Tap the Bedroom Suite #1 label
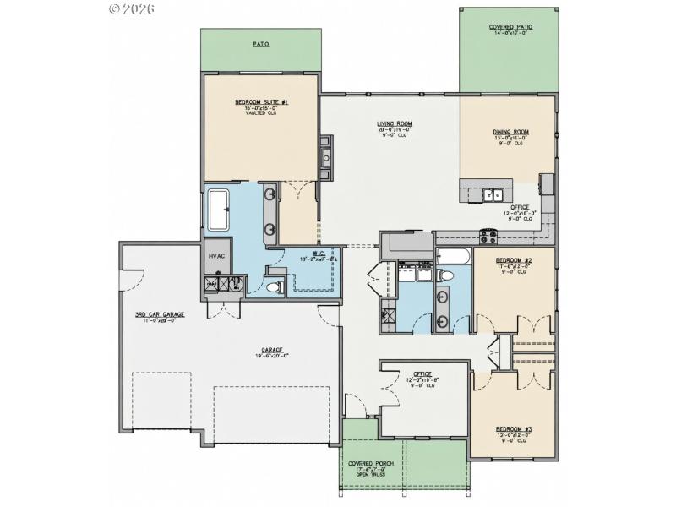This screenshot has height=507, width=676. coord(261,102)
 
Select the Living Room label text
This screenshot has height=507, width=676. coord(394,123)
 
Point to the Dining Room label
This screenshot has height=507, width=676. coord(510,132)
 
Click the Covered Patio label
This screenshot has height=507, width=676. coord(510,28)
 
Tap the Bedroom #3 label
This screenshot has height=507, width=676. coord(514,429)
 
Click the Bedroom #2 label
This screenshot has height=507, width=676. coord(513,259)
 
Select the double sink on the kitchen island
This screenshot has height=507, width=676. coord(491,195)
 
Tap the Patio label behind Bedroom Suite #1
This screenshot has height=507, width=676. coord(260,43)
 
